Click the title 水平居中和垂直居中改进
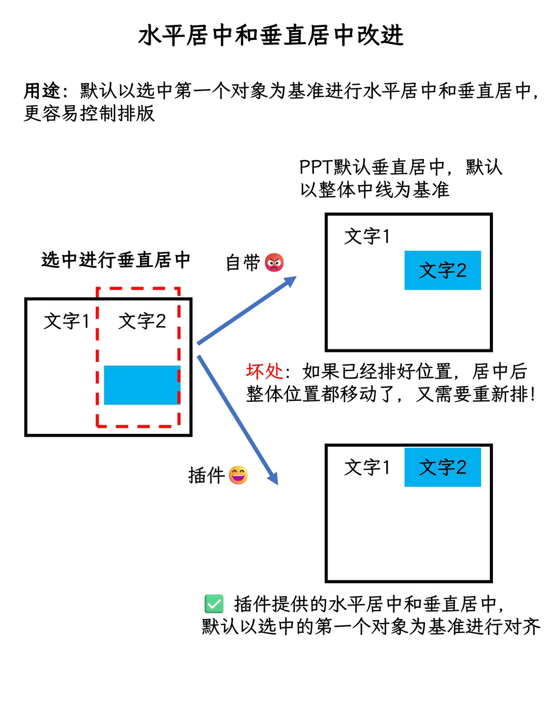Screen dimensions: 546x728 coord(271,35)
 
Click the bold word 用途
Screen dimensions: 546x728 coord(42,90)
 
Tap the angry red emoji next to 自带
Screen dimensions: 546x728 coord(274,262)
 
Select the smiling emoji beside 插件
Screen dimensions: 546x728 coord(238,475)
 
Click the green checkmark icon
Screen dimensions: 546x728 coord(214,604)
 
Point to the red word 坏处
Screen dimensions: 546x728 coord(264,371)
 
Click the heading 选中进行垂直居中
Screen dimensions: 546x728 coord(116,260)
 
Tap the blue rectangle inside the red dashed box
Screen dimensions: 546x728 coord(142,385)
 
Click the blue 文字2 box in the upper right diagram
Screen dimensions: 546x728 coord(442,270)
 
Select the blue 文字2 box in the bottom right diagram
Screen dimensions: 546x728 coord(442,467)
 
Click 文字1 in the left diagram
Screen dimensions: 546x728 coord(66,321)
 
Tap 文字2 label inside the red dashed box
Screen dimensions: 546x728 coord(142,321)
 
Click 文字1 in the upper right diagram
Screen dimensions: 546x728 coord(367,237)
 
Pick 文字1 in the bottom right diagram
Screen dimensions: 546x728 coord(367,467)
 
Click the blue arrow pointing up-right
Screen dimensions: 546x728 coord(247,310)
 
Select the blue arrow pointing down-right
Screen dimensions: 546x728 coord(238,420)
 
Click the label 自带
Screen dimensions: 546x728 coord(243,263)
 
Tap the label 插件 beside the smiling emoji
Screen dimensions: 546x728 coord(207,475)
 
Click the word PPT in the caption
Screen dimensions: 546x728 coord(316,167)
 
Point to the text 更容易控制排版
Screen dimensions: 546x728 coord(89,113)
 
